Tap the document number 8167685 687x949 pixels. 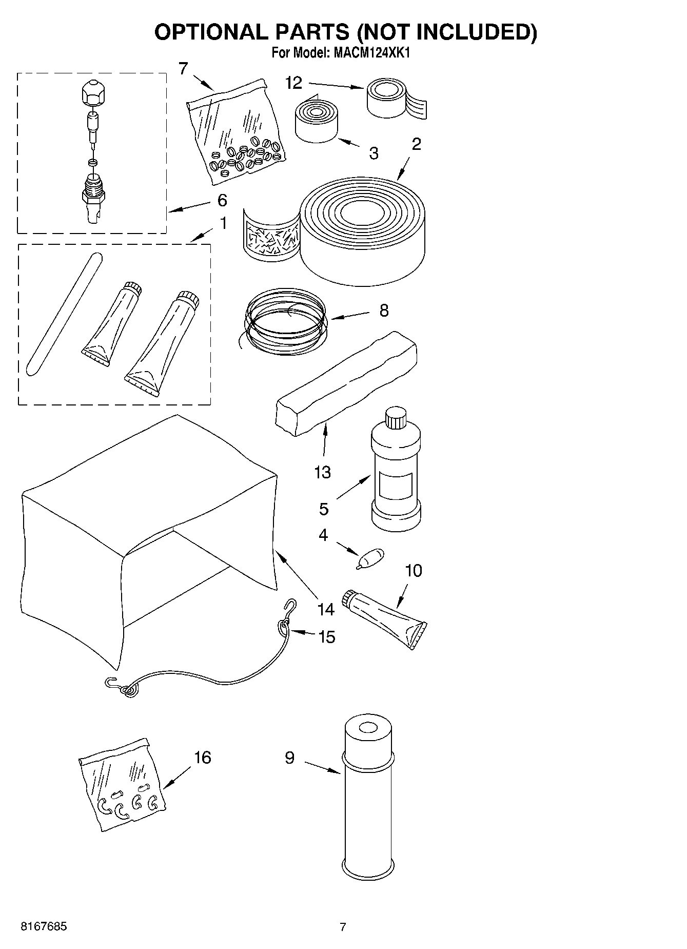(44, 926)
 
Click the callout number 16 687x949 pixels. (203, 757)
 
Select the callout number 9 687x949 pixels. (289, 757)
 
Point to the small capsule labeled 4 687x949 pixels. (370, 557)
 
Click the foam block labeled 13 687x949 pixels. (346, 382)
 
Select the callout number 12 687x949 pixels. (293, 83)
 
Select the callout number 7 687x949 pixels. (183, 68)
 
